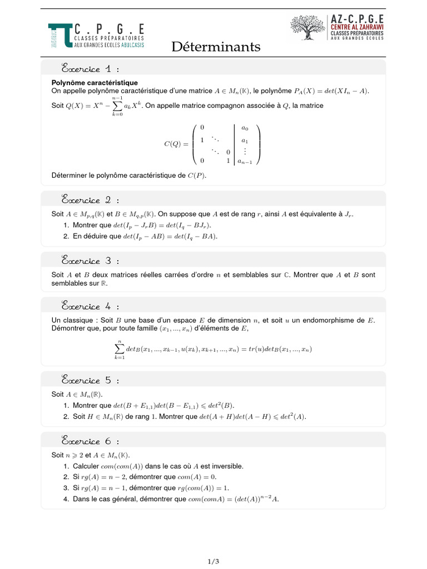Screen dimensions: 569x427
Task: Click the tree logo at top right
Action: pyautogui.click(x=308, y=27)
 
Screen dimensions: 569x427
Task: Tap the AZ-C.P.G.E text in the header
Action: pyautogui.click(x=357, y=18)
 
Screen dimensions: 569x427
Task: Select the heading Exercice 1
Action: pyautogui.click(x=90, y=69)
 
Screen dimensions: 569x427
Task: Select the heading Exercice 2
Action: pyautogui.click(x=90, y=200)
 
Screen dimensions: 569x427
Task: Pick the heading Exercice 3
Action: pyautogui.click(x=90, y=261)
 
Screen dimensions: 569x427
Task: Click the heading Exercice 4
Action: pyautogui.click(x=90, y=306)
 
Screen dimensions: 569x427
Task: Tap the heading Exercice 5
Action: pyautogui.click(x=90, y=381)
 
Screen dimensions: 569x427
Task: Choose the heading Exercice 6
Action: pyautogui.click(x=90, y=441)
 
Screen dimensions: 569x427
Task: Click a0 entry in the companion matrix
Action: pyautogui.click(x=245, y=127)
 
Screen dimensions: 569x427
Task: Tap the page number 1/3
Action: pyautogui.click(x=213, y=561)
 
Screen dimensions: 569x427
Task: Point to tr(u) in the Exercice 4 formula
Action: pyautogui.click(x=256, y=350)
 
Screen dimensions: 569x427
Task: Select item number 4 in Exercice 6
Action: pyautogui.click(x=66, y=499)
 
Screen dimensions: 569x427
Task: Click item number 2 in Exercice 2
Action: pyautogui.click(x=66, y=236)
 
